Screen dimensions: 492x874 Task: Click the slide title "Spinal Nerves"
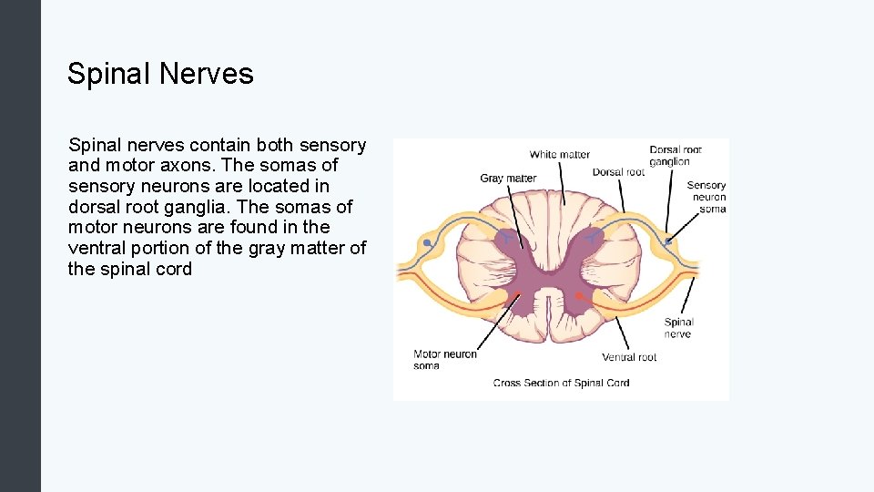coord(160,74)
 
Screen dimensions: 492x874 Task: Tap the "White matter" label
coord(559,155)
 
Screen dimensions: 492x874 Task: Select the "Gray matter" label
coord(508,179)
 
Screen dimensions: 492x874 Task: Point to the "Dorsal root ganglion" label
coord(676,156)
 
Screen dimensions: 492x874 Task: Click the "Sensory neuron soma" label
coord(707,197)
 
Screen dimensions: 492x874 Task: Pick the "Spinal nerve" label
coord(678,328)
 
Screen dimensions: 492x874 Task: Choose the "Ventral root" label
coord(629,358)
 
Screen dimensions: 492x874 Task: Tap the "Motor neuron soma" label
coord(444,360)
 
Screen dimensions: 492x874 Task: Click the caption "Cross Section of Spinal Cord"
coord(561,383)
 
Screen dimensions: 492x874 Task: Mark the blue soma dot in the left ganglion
coord(427,243)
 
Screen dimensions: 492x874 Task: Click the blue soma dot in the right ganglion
coord(667,241)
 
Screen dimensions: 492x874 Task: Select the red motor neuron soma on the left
coord(517,295)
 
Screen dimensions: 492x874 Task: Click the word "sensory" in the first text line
coord(331,145)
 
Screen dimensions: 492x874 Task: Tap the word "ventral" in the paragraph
coord(99,248)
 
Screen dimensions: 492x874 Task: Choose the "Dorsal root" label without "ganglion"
coord(618,172)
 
